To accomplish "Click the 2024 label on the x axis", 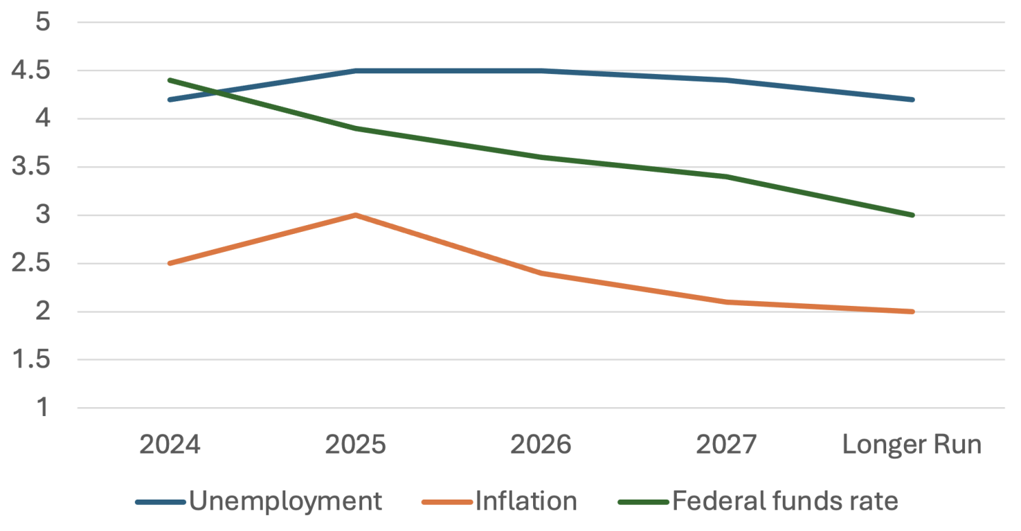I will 170,445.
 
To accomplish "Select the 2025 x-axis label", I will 355,445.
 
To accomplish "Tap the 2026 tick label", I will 541,445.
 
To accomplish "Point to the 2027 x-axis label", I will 726,445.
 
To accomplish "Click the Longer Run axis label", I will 912,445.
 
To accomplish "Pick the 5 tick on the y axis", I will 43,23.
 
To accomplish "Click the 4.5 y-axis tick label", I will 34,71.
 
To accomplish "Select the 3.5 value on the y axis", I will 34,168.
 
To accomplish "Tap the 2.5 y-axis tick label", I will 34,264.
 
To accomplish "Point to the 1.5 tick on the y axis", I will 34,361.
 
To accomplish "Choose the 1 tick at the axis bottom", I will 43,409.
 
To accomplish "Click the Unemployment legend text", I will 285,502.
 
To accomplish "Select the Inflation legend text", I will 526,502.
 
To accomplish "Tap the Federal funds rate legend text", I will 784,502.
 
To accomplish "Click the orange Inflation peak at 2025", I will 355,216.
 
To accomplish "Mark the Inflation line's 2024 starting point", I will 170,263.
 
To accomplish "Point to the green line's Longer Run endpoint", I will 912,216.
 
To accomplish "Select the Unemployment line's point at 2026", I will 541,70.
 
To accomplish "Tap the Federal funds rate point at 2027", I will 726,177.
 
